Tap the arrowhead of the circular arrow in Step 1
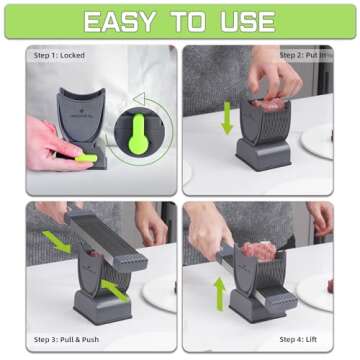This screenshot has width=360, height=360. (x=141, y=100)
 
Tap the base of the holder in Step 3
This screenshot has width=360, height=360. (x=100, y=304)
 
